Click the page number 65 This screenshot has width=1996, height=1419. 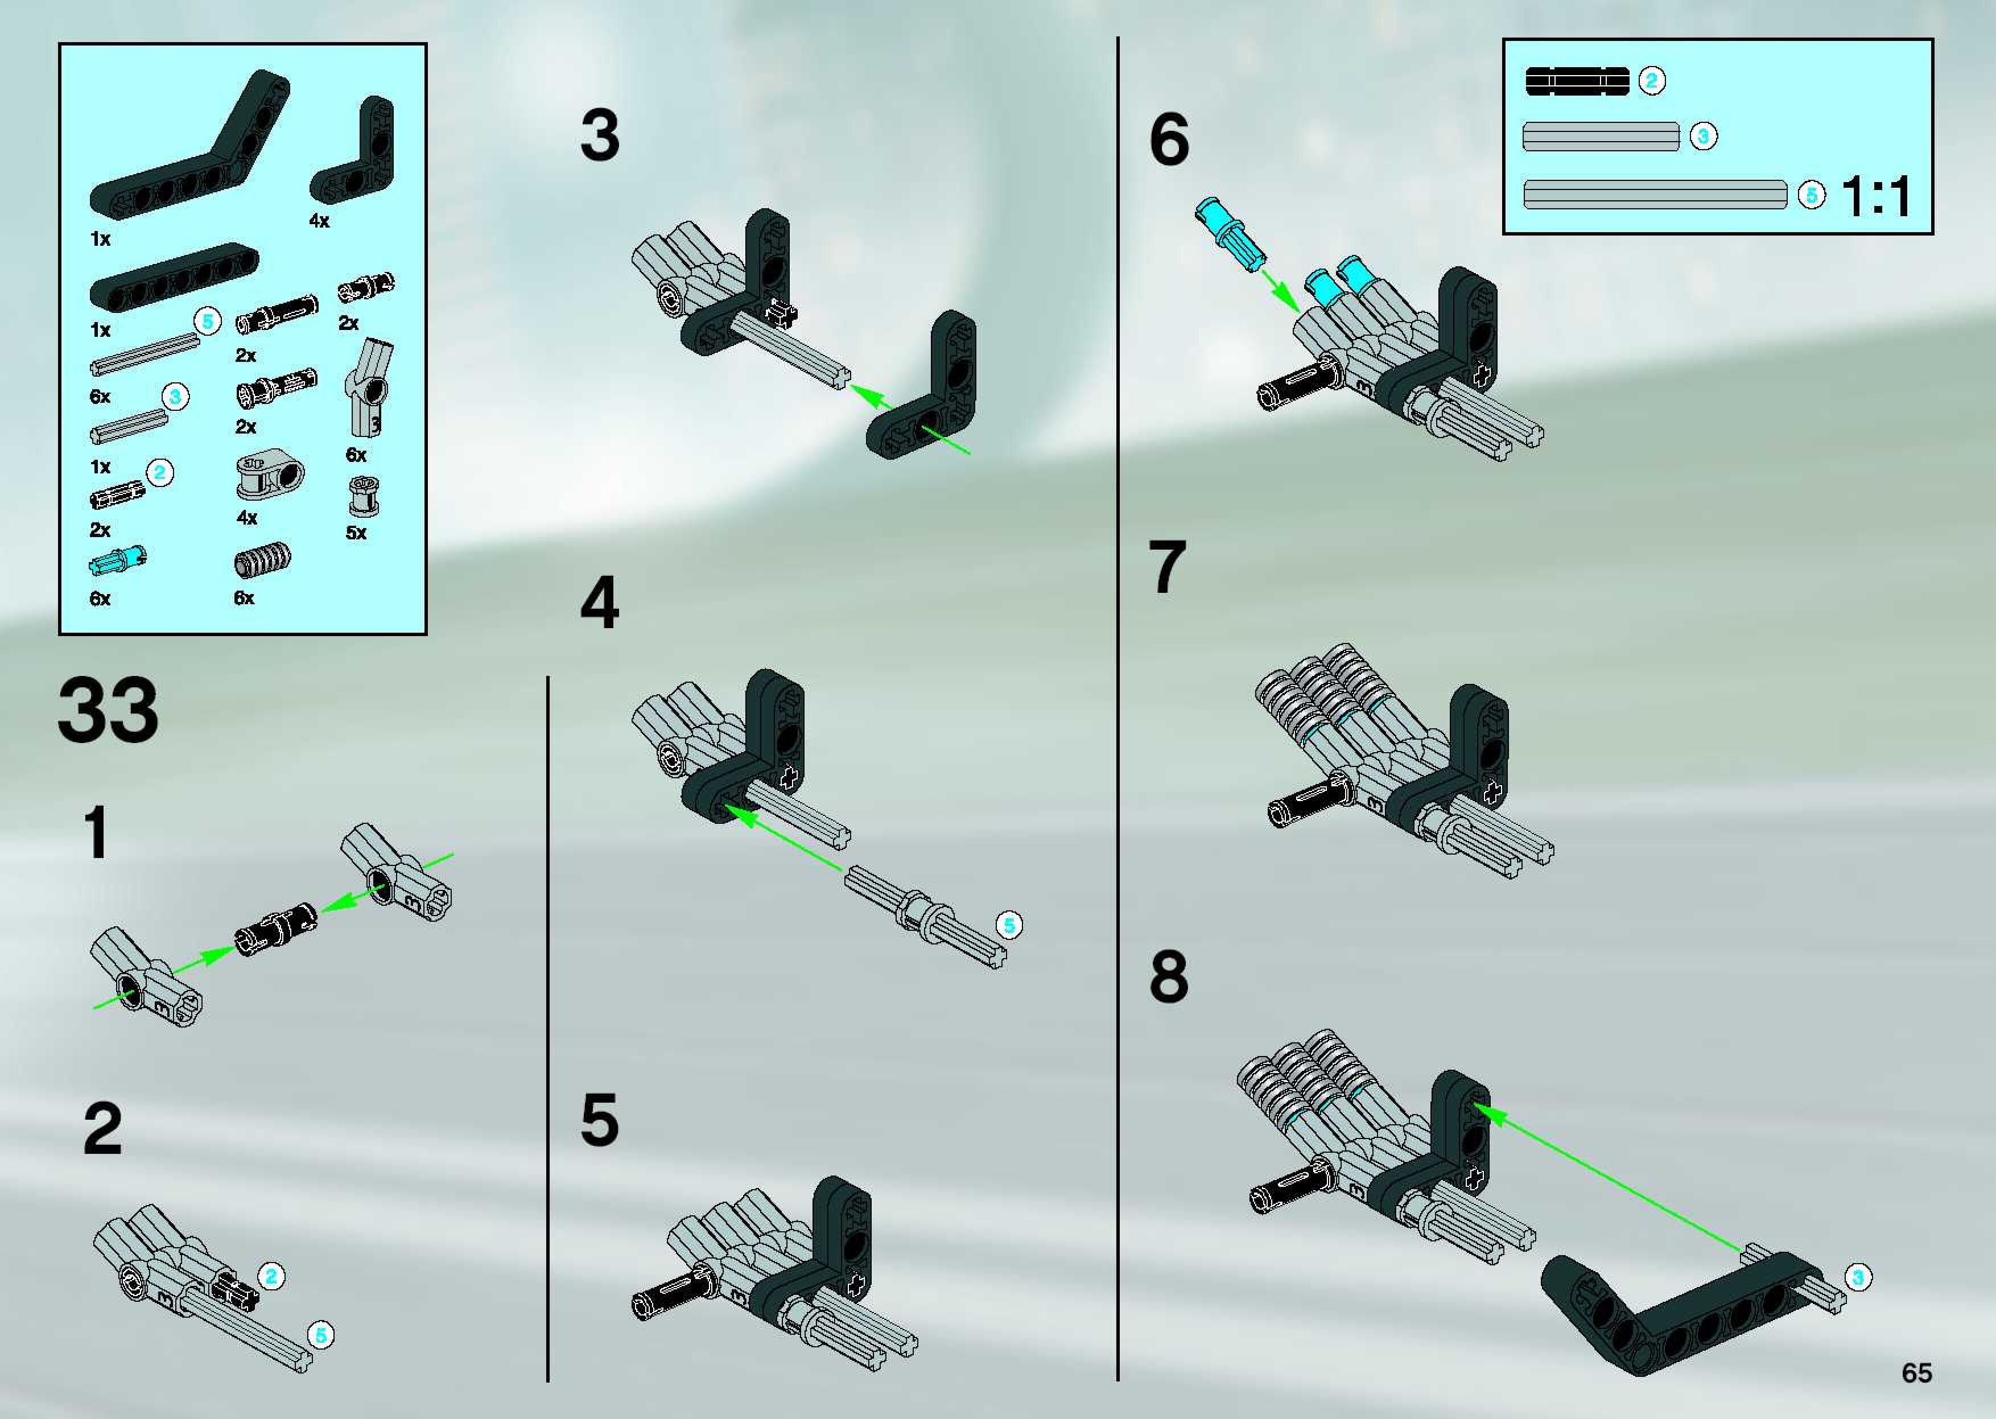(x=1916, y=1373)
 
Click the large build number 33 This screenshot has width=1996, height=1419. (x=108, y=711)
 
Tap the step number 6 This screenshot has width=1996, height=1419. (x=1169, y=140)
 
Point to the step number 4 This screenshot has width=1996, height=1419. (x=600, y=603)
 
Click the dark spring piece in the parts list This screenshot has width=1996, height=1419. (x=262, y=560)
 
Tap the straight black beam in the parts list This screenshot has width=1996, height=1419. (x=175, y=276)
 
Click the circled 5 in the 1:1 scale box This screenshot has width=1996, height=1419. (x=1812, y=195)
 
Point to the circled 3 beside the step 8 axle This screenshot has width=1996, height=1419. (x=1857, y=1277)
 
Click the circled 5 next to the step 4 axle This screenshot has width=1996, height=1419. (x=1009, y=925)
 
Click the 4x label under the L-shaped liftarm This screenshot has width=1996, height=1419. (x=319, y=221)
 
